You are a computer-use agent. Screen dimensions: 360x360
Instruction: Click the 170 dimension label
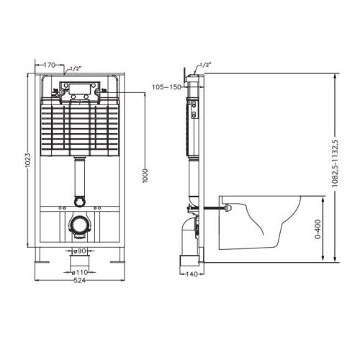click(x=50, y=65)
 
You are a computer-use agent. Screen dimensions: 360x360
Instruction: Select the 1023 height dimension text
click(x=28, y=161)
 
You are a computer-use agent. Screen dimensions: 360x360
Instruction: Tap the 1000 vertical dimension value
click(x=145, y=176)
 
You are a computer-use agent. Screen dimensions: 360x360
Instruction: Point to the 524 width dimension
click(x=79, y=280)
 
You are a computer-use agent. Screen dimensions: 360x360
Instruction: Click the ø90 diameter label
click(x=80, y=251)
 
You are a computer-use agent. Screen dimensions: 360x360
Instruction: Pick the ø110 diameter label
click(x=80, y=272)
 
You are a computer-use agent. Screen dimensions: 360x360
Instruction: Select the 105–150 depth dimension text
click(x=166, y=87)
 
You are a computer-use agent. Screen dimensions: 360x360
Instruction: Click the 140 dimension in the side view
click(x=192, y=274)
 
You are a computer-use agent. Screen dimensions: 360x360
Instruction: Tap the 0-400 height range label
click(x=318, y=229)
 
